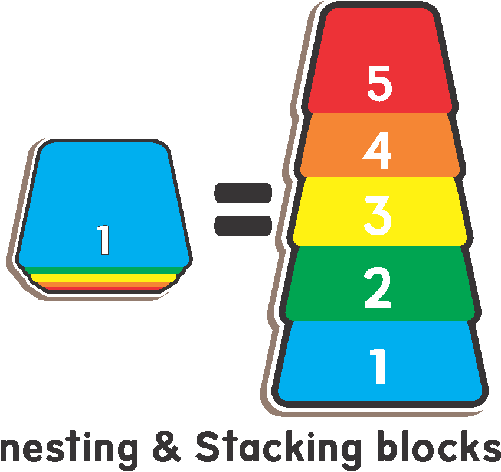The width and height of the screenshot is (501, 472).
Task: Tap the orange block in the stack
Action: click(x=342, y=145)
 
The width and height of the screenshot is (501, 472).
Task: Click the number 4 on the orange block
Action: click(x=378, y=151)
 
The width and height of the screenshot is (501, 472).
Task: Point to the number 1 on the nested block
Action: click(x=104, y=240)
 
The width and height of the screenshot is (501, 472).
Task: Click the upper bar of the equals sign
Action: click(x=243, y=193)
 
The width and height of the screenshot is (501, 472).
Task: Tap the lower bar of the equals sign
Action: click(x=243, y=226)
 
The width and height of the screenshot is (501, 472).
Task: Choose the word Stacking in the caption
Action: click(x=277, y=450)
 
